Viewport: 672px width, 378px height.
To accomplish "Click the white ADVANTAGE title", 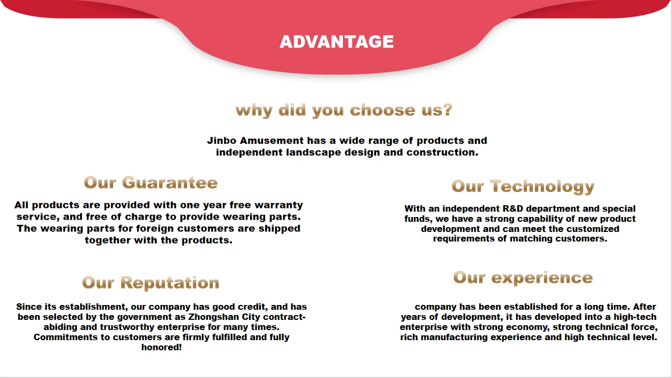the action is click(x=337, y=42).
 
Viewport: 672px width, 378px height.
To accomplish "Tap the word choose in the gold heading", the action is click(x=383, y=110).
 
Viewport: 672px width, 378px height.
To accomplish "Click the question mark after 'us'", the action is click(x=447, y=110).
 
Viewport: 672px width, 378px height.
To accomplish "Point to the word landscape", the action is click(x=313, y=152).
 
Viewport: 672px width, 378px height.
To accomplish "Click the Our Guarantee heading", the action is click(x=150, y=183).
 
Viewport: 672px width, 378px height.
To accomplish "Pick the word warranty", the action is click(x=278, y=205).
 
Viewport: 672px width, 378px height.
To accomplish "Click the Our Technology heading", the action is click(x=523, y=186).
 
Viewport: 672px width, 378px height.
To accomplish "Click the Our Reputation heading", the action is click(x=150, y=283).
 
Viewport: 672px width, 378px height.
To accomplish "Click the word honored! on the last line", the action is click(x=162, y=347).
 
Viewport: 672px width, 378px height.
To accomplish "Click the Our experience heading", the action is click(x=523, y=277).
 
